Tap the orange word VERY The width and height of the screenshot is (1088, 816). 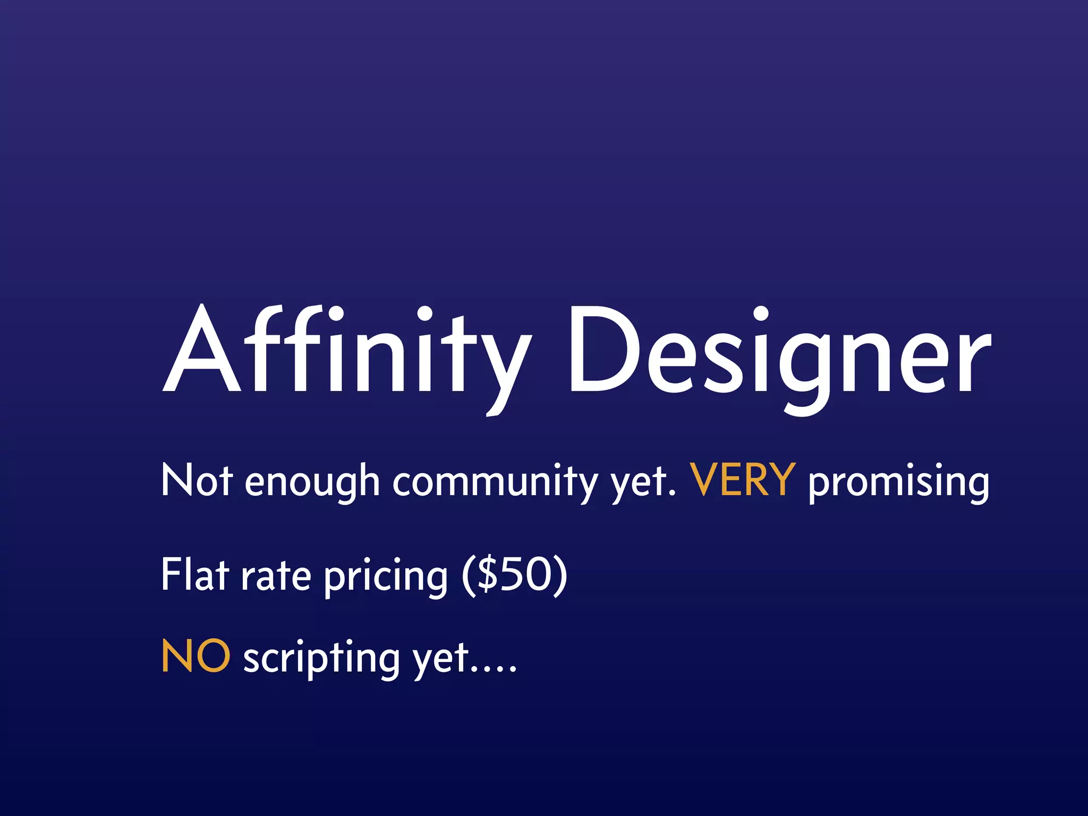(x=742, y=480)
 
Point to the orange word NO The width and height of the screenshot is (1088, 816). (x=195, y=657)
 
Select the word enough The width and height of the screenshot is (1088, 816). (x=312, y=481)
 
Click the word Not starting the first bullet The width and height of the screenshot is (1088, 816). (x=197, y=480)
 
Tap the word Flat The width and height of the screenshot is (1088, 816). (x=194, y=574)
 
